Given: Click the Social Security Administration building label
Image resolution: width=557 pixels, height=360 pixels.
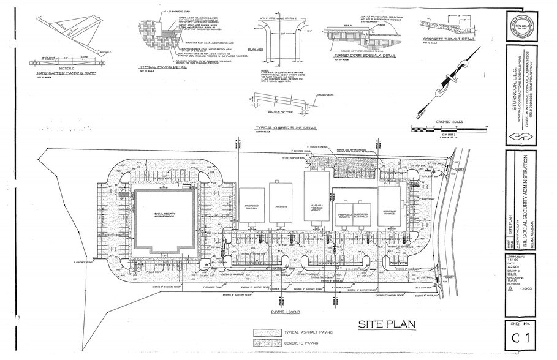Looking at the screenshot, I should click(165, 216).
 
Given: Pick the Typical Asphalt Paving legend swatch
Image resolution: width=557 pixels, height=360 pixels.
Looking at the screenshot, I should click(265, 332).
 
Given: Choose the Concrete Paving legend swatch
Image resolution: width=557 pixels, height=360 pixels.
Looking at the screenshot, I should click(265, 344).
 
